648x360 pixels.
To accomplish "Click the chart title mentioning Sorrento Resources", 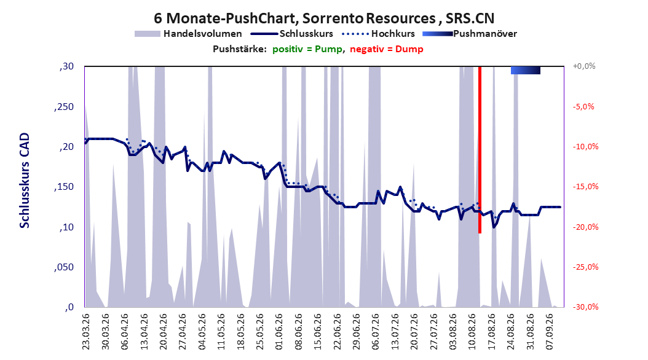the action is click(324, 18).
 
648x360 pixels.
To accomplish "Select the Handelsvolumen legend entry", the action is click(189, 34).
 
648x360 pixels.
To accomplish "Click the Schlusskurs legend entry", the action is click(292, 34).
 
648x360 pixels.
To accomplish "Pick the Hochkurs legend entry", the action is click(379, 34).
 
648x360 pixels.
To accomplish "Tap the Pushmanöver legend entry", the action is click(470, 34).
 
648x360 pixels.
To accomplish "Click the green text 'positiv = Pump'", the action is click(307, 49).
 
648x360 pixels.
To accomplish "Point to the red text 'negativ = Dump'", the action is click(387, 49).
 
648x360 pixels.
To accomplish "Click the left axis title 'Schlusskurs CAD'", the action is click(25, 181).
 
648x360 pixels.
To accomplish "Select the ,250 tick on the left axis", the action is click(64, 107).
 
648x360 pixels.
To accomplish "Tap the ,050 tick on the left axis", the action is click(64, 267).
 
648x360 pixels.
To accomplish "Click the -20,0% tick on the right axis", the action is click(585, 227).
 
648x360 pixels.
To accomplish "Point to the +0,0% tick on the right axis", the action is click(584, 66).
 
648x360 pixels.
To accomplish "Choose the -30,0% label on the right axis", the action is click(585, 307).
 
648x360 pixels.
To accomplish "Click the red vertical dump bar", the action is click(480, 149).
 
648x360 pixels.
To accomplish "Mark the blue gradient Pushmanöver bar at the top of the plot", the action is click(525, 70).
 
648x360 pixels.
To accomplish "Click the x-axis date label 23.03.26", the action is click(86, 332).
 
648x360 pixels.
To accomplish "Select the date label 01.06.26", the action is click(279, 332).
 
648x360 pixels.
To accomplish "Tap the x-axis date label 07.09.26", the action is click(549, 332).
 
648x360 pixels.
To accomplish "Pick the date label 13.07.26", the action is click(395, 332).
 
